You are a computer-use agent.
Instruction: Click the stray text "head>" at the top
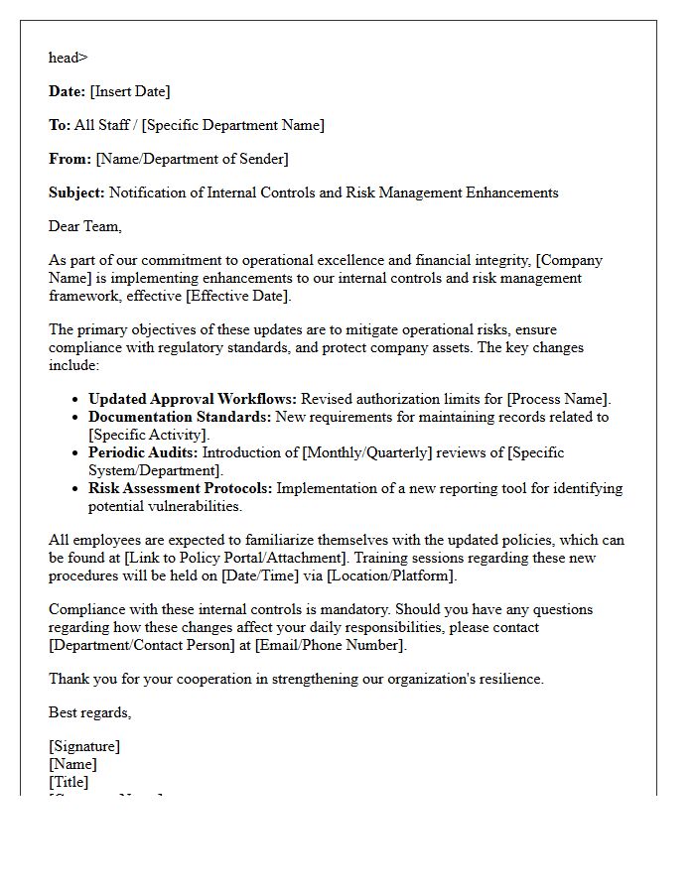pos(68,58)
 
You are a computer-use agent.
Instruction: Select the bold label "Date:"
pos(67,91)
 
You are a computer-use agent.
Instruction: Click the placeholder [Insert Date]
pos(130,91)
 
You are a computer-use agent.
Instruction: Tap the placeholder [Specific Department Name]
pos(233,125)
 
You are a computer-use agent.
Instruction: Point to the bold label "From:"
pos(69,159)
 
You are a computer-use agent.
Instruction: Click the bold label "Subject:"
pos(76,192)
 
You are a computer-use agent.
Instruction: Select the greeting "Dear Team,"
pos(85,226)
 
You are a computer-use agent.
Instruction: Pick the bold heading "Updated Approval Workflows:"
pos(193,399)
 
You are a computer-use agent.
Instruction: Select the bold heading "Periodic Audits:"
pos(143,452)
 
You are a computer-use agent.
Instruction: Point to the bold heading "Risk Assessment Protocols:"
pos(180,488)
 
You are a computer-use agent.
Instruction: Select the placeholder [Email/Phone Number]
pos(331,645)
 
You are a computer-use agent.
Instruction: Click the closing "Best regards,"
pos(89,712)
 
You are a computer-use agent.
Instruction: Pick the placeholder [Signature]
pos(84,746)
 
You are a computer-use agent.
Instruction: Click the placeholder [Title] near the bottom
pos(69,782)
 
